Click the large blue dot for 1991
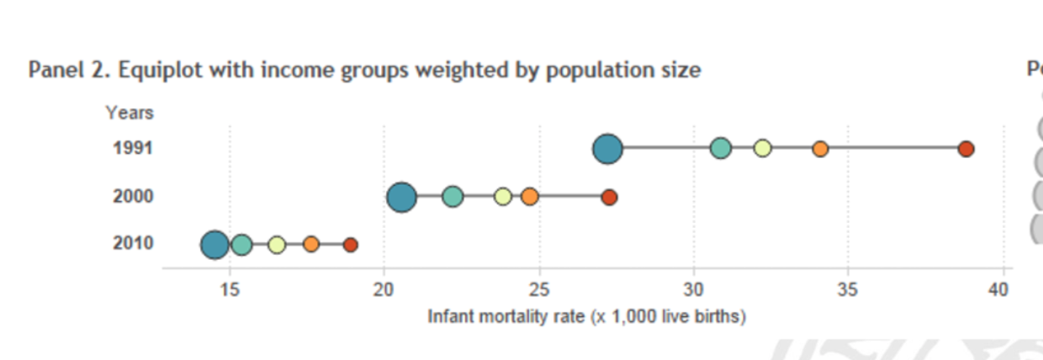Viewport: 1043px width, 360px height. click(607, 149)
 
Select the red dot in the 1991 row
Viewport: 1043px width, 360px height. click(966, 149)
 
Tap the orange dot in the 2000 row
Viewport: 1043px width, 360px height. click(529, 197)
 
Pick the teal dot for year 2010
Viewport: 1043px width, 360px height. click(241, 245)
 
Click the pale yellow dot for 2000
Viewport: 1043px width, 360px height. click(503, 197)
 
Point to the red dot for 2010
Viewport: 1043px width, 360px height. click(351, 245)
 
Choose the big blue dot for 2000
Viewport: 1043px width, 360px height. click(402, 197)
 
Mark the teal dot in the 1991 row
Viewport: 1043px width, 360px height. click(720, 149)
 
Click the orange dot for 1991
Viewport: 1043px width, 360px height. click(820, 149)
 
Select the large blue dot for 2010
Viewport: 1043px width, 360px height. click(214, 245)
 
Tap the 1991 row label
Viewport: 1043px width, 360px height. click(133, 149)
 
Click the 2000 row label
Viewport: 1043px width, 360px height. click(133, 197)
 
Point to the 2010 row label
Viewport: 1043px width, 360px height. click(133, 244)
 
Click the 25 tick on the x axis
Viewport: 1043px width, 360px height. click(539, 290)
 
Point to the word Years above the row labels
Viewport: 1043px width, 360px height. click(130, 112)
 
